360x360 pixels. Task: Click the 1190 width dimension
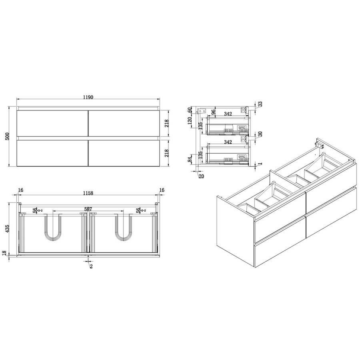pos(88,98)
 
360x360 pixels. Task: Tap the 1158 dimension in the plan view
pos(88,193)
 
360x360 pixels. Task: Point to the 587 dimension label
pos(89,208)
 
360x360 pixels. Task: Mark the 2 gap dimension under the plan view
pos(91,266)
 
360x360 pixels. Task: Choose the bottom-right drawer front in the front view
pos(124,152)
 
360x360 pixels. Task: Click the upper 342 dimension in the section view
pos(228,114)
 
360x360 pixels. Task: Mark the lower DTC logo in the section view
pos(242,157)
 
